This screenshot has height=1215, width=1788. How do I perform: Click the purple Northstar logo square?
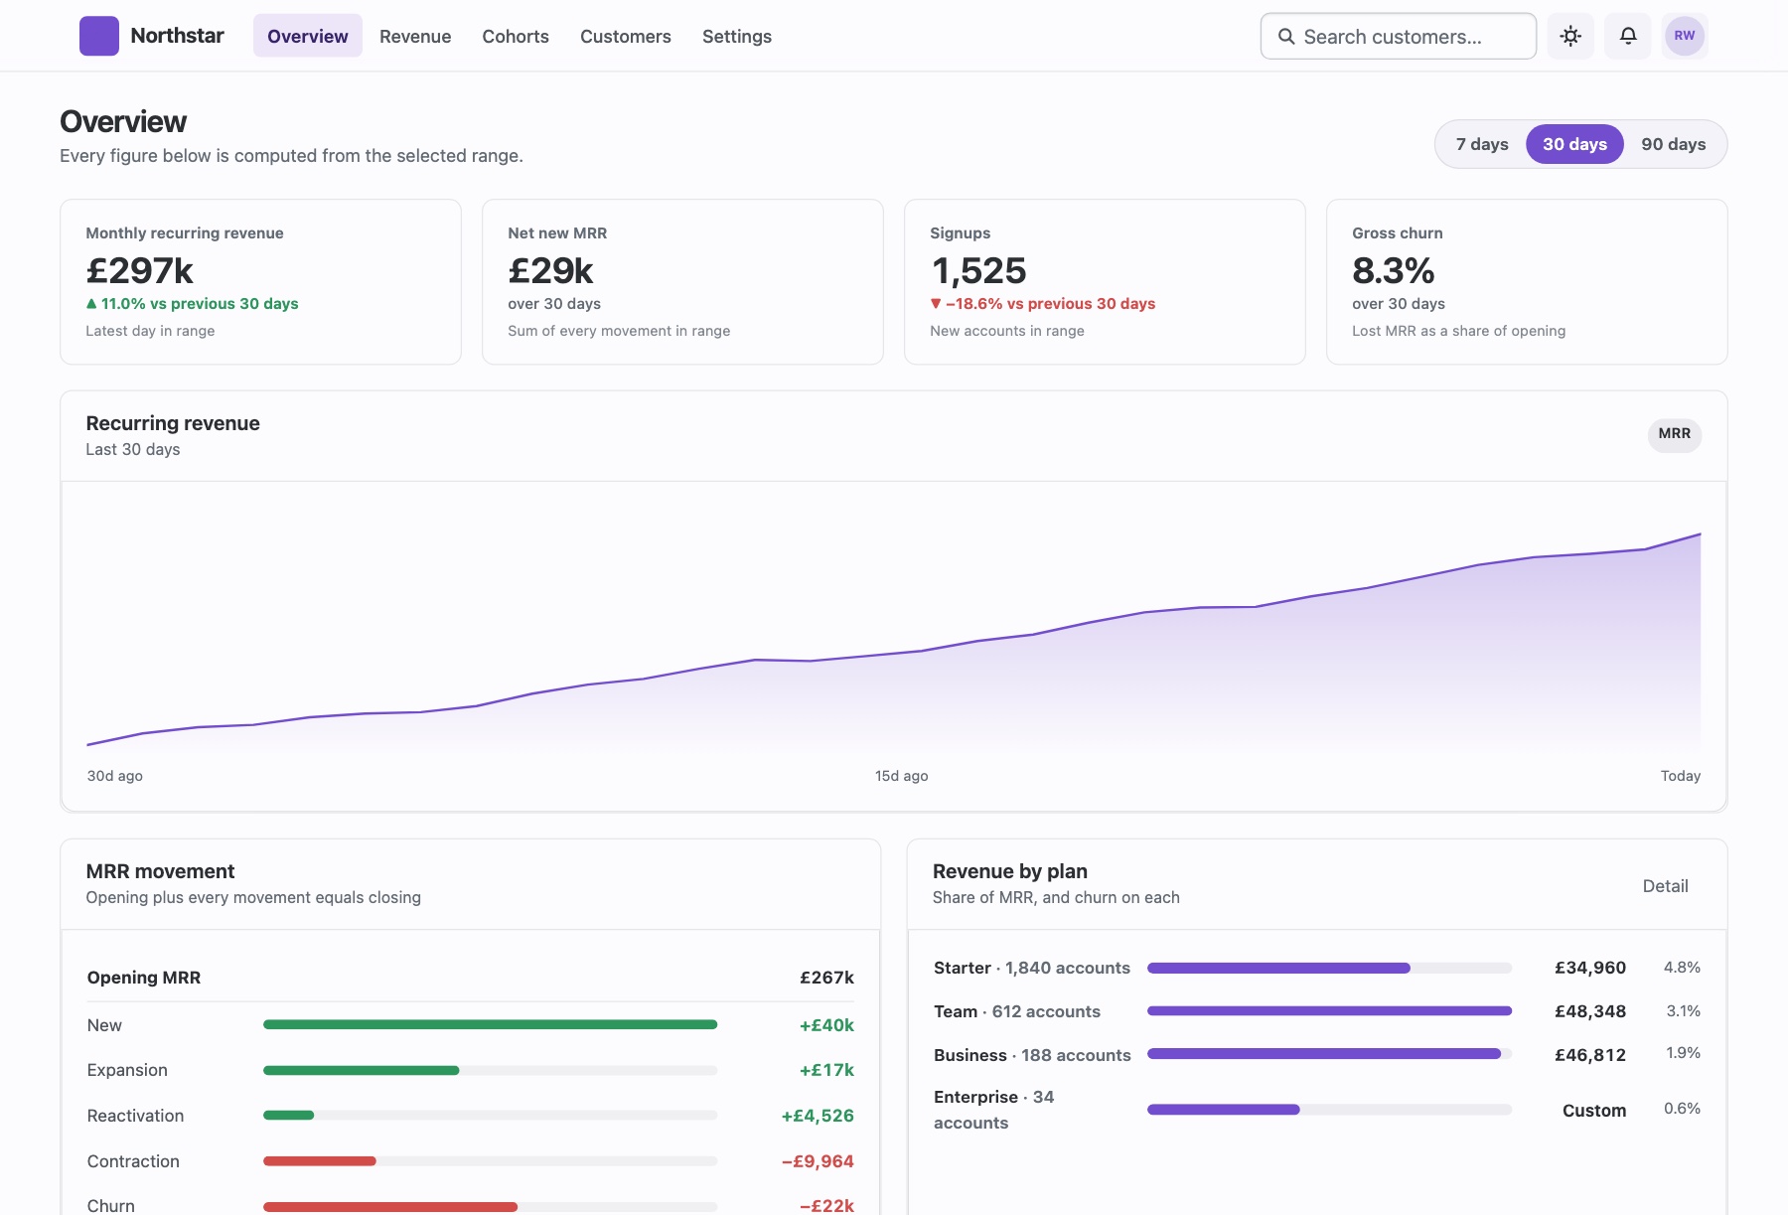point(99,36)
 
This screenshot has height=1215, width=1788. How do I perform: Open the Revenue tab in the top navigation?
point(415,36)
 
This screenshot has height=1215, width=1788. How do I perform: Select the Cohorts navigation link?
point(516,36)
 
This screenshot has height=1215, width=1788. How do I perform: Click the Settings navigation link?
point(737,36)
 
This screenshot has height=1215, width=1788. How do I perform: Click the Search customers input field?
point(1399,36)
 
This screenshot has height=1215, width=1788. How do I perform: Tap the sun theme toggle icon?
point(1570,36)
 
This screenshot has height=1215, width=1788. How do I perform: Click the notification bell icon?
point(1628,36)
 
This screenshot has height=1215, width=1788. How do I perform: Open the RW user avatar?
point(1685,36)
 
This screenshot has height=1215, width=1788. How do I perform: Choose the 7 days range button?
point(1482,144)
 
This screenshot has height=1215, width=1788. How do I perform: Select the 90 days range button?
point(1674,144)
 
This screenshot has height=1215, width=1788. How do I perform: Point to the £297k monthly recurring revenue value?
point(140,270)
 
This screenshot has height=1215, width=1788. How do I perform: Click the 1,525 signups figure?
point(978,270)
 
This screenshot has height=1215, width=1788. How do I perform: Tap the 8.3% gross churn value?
point(1394,270)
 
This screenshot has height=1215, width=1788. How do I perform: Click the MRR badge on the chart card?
point(1675,434)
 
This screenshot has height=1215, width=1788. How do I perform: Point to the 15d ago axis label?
point(902,776)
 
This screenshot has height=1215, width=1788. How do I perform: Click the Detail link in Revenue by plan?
point(1666,886)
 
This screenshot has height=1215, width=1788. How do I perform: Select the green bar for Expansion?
point(362,1070)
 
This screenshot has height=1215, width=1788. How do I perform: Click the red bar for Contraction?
point(320,1161)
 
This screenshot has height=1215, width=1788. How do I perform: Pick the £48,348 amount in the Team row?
point(1590,1011)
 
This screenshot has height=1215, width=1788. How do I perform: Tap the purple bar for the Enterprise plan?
point(1224,1110)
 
